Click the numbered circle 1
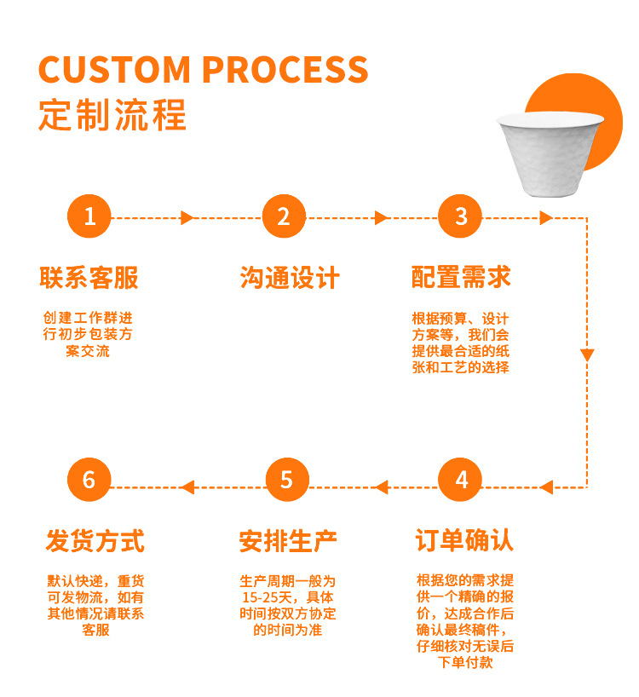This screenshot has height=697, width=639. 89,217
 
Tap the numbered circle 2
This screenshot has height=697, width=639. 284,217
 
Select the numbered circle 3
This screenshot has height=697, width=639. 461,217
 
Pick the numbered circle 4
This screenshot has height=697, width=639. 461,480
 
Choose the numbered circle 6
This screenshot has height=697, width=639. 89,480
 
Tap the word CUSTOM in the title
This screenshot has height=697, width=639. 114,70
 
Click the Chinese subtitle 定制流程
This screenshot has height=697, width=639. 112,115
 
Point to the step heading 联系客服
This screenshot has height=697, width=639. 89,278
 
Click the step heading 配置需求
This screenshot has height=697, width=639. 461,278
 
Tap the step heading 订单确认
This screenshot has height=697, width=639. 464,541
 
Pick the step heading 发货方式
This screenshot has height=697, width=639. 95,541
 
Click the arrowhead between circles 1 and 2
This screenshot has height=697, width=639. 187,218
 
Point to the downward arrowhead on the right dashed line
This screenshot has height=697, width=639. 587,354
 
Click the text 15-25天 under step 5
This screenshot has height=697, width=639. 267,596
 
